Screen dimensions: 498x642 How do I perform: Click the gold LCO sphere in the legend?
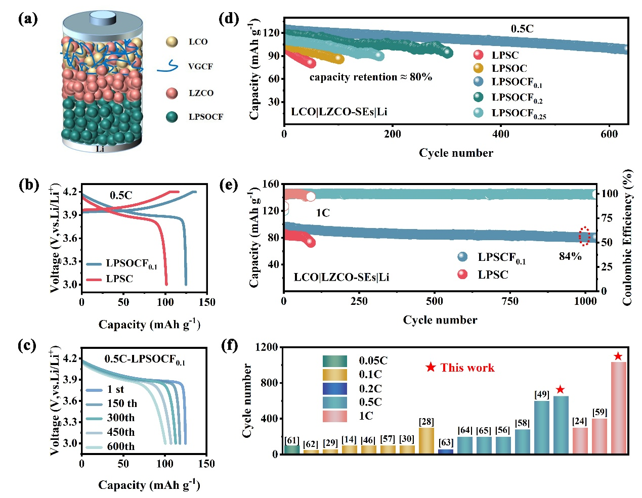tap(172, 42)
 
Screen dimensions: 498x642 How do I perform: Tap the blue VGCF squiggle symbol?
tap(168, 66)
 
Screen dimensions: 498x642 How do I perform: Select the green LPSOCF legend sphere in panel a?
tap(172, 117)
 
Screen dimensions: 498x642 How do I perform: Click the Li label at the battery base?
tap(100, 149)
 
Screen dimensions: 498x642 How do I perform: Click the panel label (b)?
tap(28, 185)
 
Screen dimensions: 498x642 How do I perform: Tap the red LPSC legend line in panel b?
tap(94, 279)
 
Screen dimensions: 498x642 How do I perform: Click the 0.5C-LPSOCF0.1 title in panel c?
tap(145, 359)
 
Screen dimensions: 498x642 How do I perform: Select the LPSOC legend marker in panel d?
tap(478, 68)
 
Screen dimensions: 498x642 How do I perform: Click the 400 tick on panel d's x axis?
tap(501, 134)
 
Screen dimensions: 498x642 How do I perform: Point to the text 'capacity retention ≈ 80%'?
tap(370, 77)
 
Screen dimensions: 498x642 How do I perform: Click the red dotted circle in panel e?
tap(584, 236)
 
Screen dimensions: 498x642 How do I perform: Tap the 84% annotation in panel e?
tap(570, 256)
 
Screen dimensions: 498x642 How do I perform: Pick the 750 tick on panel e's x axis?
tap(510, 301)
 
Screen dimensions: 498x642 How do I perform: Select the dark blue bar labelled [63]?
tap(446, 451)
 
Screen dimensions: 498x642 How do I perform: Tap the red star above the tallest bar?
tap(618, 356)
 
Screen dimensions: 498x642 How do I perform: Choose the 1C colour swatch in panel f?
tap(335, 416)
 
